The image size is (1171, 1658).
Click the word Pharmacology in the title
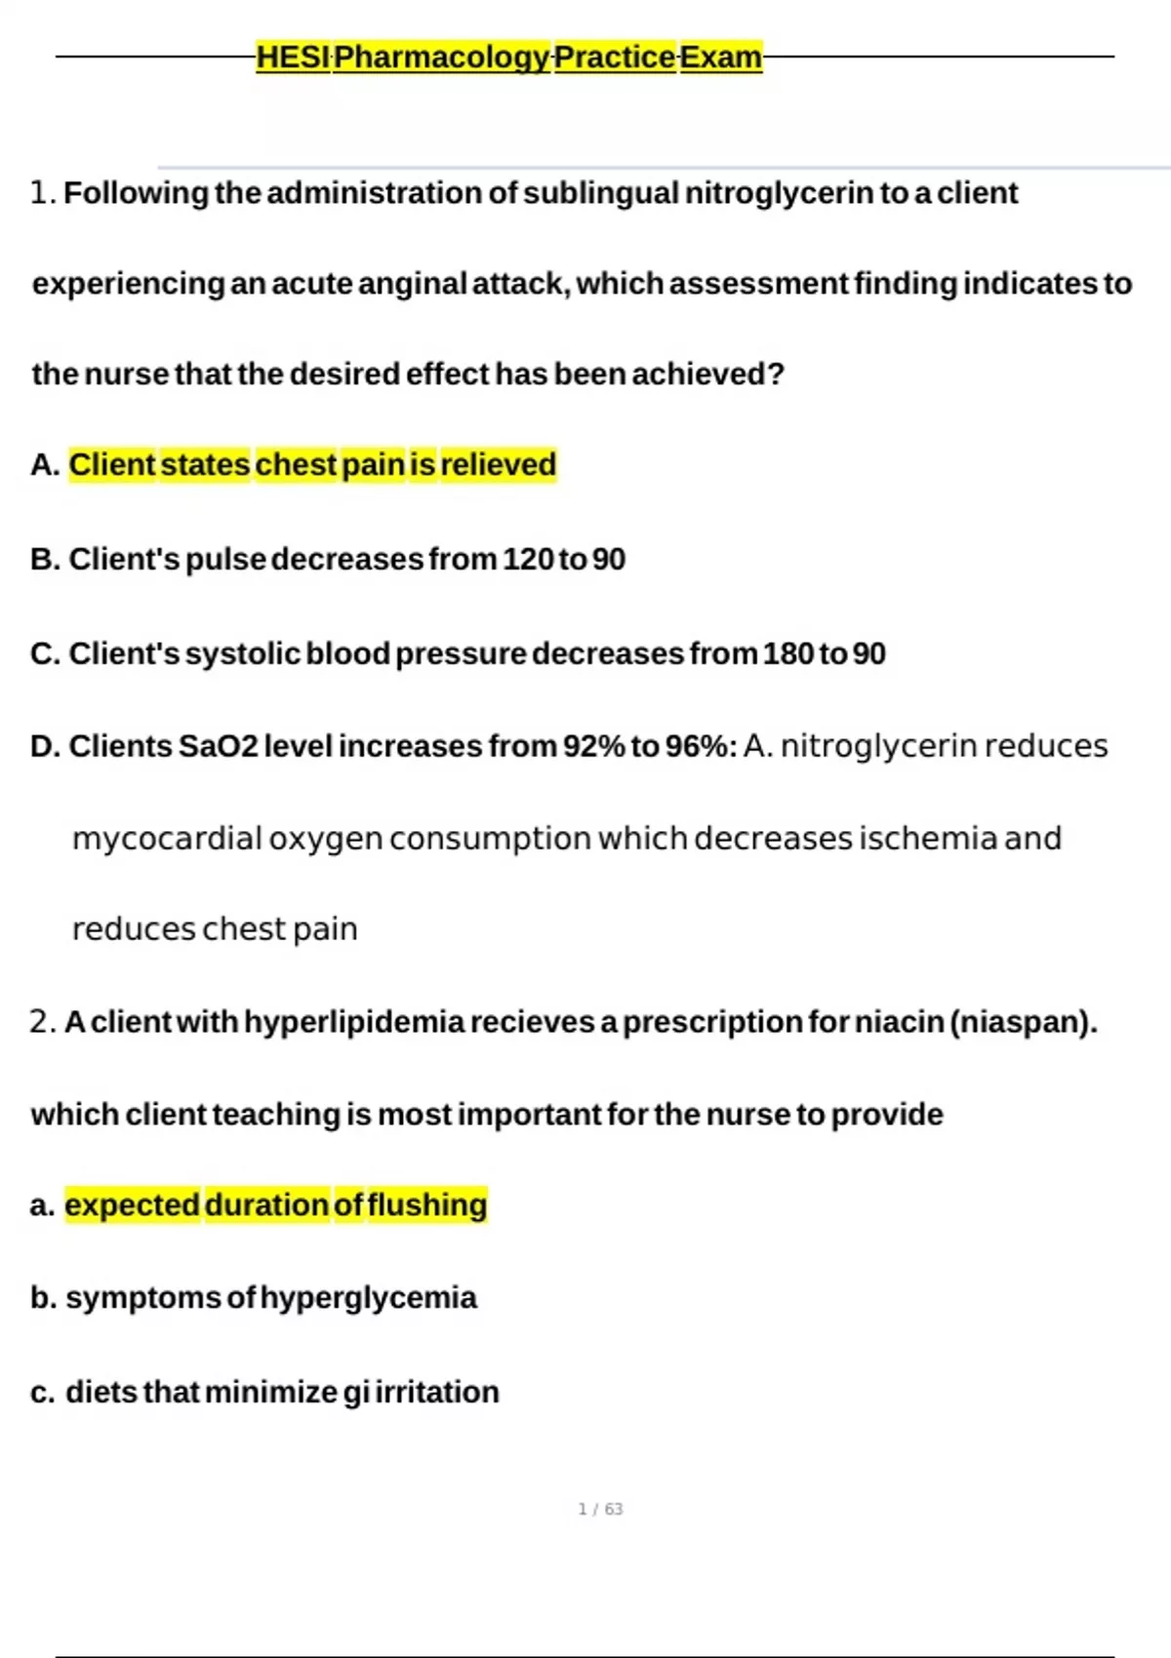click(x=442, y=58)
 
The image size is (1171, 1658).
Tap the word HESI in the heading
click(x=293, y=58)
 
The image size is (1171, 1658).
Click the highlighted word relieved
click(x=498, y=465)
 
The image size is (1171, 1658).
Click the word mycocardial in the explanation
click(x=167, y=839)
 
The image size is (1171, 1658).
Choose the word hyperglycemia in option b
click(x=368, y=1298)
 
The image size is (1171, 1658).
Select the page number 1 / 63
click(x=600, y=1510)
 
